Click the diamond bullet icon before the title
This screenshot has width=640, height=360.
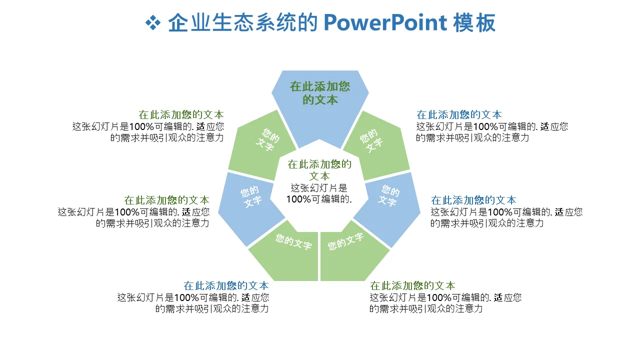[x=152, y=22]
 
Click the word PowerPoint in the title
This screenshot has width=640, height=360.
[x=385, y=23]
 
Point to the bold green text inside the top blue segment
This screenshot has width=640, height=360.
[x=320, y=93]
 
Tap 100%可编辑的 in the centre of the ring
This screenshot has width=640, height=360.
[x=319, y=199]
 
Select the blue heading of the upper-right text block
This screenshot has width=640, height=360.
[x=459, y=115]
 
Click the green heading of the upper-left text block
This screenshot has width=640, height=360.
[x=181, y=115]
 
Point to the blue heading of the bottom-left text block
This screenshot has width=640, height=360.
[x=226, y=286]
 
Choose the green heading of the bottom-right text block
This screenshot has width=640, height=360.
[x=412, y=286]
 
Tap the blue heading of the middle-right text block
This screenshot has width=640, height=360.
[x=473, y=200]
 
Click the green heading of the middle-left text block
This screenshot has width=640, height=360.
[x=166, y=200]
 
